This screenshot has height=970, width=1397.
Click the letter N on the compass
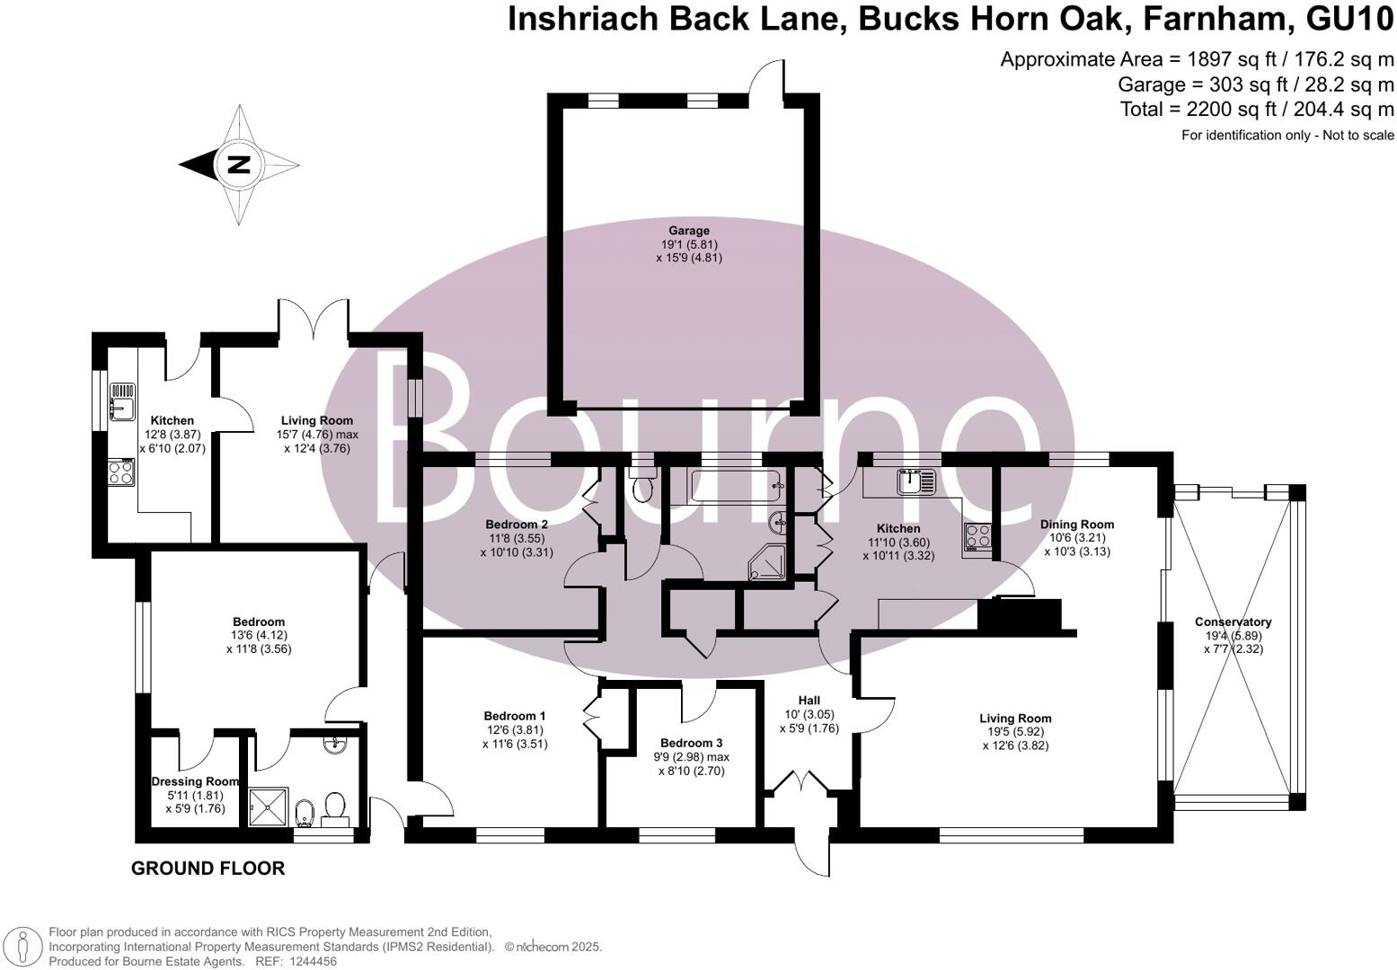pyautogui.click(x=239, y=164)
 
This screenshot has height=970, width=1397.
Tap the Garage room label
pyautogui.click(x=688, y=231)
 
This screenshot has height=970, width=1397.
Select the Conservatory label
pyautogui.click(x=1233, y=622)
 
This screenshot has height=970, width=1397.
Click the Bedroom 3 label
pyautogui.click(x=691, y=743)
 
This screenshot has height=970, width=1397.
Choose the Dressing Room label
pyautogui.click(x=195, y=781)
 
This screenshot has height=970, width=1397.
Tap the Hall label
pyautogui.click(x=809, y=701)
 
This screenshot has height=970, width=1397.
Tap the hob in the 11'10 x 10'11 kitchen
pyautogui.click(x=977, y=536)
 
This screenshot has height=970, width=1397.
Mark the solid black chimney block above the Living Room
pyautogui.click(x=1020, y=615)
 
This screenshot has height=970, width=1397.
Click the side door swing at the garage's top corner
pyautogui.click(x=768, y=78)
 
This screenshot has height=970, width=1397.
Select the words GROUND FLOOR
pyautogui.click(x=208, y=869)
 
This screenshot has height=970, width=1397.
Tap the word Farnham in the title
pyautogui.click(x=1198, y=18)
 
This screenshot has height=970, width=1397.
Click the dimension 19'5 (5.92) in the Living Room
pyautogui.click(x=1015, y=732)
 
